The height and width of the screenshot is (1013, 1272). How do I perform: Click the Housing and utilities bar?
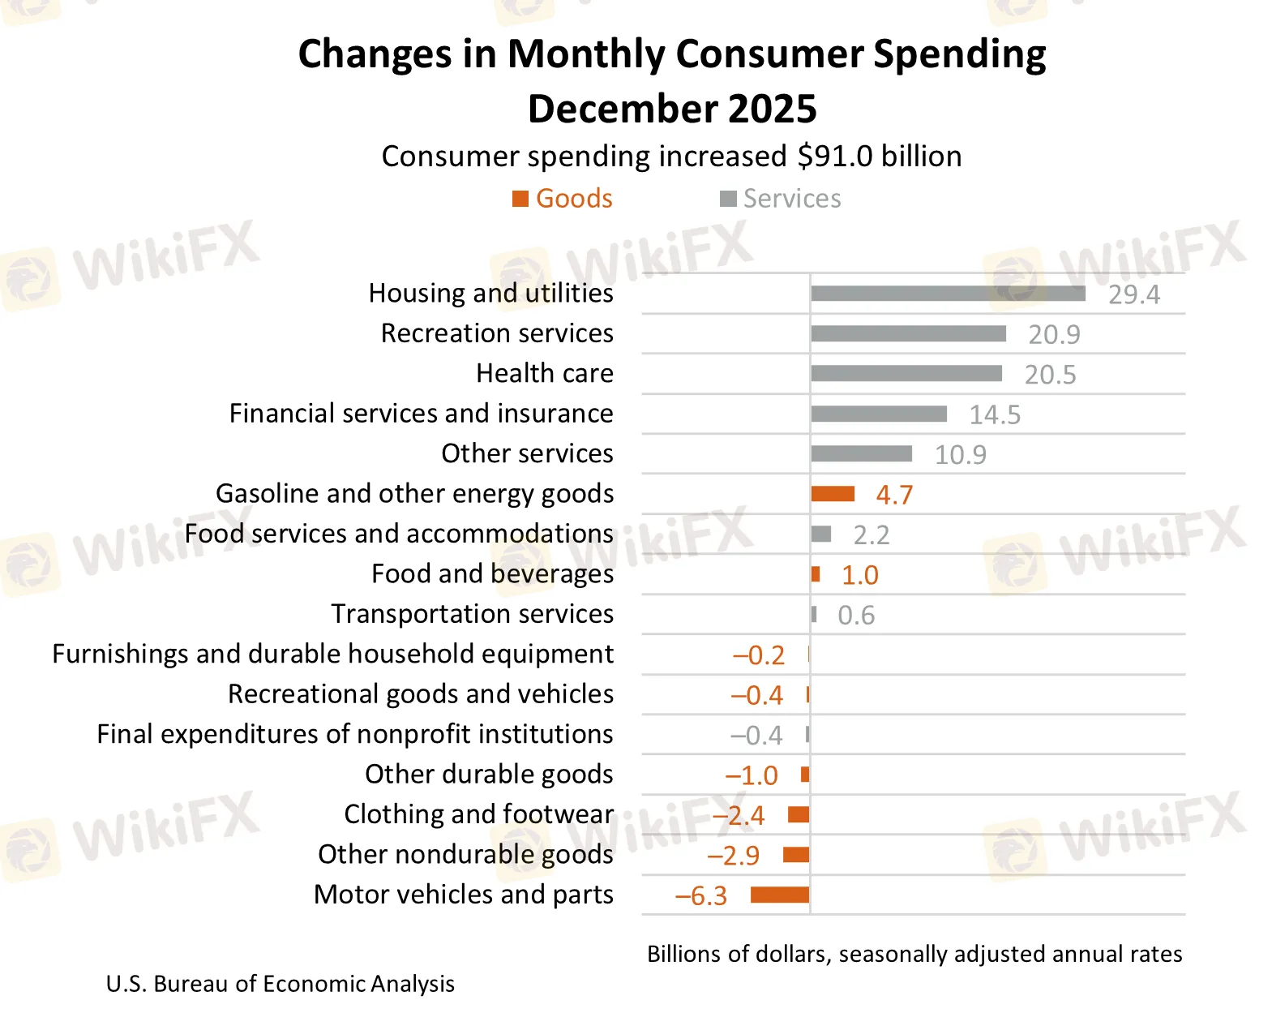point(947,294)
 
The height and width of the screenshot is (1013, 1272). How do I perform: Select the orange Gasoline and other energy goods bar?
point(833,494)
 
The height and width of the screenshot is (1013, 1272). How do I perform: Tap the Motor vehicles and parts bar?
point(780,895)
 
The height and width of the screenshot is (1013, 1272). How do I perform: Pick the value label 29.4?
point(1133,294)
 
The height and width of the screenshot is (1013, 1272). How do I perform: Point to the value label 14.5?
point(995,414)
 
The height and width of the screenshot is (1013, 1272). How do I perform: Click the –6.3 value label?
point(701,895)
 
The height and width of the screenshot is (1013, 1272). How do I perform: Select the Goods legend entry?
point(563,199)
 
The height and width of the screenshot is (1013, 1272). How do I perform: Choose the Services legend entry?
point(781,199)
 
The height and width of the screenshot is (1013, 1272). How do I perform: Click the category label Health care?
point(544,373)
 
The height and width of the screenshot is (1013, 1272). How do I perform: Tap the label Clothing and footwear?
point(478,813)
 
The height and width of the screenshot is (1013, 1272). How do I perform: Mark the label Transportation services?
point(472,614)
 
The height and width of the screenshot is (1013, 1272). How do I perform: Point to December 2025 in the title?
point(672,109)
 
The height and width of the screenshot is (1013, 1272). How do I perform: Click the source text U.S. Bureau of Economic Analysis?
point(280,984)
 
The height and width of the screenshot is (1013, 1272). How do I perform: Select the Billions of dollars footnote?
point(914,954)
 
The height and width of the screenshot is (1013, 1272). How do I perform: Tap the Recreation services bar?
point(908,333)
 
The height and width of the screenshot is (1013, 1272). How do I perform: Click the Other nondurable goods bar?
point(796,854)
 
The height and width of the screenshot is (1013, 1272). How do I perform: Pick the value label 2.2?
point(871,534)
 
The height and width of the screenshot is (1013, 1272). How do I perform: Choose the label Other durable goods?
point(489,774)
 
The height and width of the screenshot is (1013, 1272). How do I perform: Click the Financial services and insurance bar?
point(879,414)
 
